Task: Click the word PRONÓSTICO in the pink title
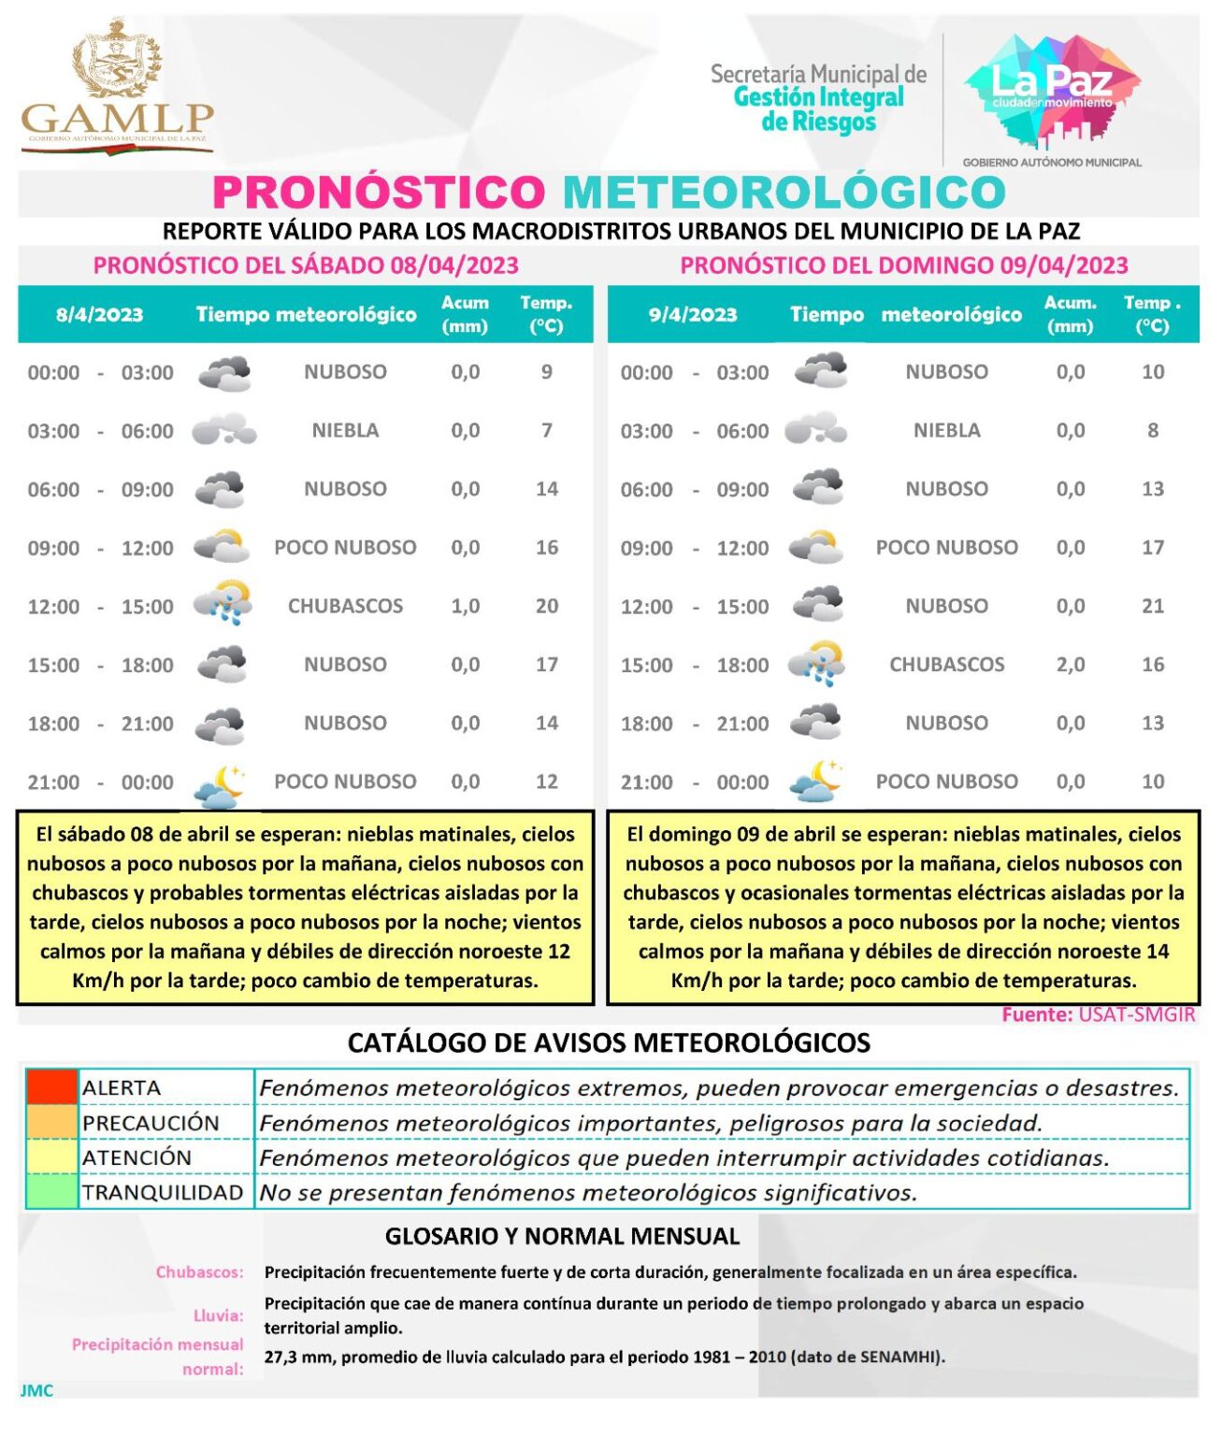click(379, 193)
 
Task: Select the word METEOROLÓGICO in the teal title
click(784, 193)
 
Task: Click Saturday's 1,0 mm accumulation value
click(466, 607)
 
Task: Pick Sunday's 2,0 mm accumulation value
click(1071, 665)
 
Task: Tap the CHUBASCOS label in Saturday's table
click(345, 607)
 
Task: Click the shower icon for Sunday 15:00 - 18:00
click(816, 663)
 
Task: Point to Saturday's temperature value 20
click(547, 607)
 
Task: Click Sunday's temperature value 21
click(1153, 607)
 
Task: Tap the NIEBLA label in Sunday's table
click(947, 431)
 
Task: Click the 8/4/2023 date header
click(100, 315)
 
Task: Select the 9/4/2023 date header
click(693, 315)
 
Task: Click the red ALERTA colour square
click(51, 1087)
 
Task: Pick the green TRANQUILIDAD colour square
click(51, 1192)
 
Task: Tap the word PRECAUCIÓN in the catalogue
click(151, 1123)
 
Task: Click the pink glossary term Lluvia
click(218, 1315)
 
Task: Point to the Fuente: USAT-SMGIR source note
click(1098, 1015)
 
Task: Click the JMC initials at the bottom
click(37, 1390)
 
